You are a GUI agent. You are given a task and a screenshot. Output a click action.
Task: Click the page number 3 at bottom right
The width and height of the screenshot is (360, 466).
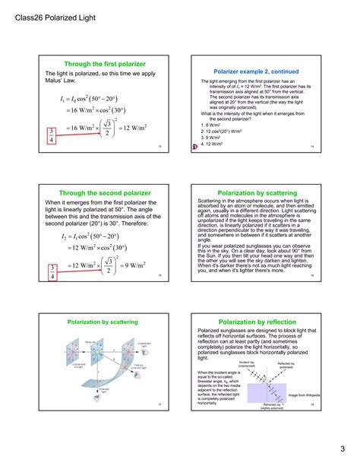pyautogui.click(x=342, y=447)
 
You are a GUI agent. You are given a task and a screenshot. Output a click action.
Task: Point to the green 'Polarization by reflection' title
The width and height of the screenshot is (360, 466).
pyautogui.click(x=253, y=323)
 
